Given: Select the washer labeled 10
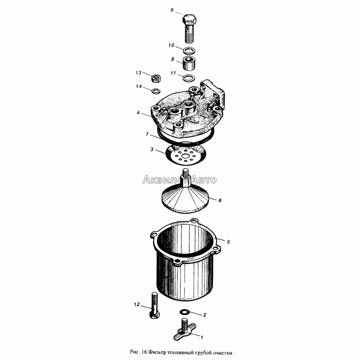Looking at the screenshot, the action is click(x=189, y=50).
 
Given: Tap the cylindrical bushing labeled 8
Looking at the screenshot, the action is click(x=189, y=63).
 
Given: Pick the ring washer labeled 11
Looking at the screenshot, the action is click(x=189, y=78).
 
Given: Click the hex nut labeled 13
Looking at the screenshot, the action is click(x=156, y=78).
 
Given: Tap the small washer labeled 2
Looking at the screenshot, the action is click(x=184, y=312).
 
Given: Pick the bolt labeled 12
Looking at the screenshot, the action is click(x=155, y=305).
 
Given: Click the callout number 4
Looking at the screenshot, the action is click(x=138, y=113).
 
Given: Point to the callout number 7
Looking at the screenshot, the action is click(x=147, y=134).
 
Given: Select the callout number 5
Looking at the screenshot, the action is click(x=228, y=242).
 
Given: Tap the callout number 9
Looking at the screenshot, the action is click(x=172, y=10).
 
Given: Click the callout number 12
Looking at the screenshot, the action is click(x=137, y=305).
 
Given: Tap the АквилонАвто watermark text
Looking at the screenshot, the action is click(x=180, y=180).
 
